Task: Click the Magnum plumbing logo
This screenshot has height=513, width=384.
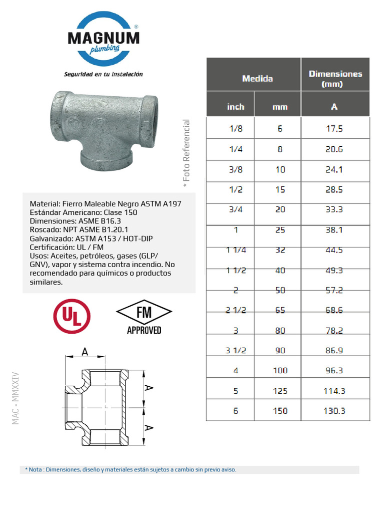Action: (x=103, y=40)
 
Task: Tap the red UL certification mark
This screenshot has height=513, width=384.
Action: (x=72, y=316)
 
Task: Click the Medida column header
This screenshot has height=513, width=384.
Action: (x=257, y=79)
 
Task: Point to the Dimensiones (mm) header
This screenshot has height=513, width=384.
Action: (x=335, y=79)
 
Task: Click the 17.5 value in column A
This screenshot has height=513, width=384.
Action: (x=334, y=128)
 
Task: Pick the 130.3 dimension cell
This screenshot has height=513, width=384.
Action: (x=334, y=411)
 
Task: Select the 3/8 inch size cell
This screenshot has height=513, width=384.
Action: (x=235, y=169)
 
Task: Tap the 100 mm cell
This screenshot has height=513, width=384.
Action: (x=280, y=371)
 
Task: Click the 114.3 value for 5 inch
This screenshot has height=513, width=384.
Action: (x=334, y=391)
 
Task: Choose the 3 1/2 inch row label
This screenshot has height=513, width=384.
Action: (x=235, y=350)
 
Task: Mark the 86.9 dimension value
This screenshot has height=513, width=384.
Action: (x=334, y=350)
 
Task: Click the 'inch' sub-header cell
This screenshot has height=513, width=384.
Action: (x=235, y=107)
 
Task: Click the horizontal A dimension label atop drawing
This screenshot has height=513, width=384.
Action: (x=85, y=352)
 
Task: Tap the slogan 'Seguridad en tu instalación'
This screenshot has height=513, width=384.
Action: (x=103, y=74)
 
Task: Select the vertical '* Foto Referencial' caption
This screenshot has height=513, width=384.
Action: (x=186, y=154)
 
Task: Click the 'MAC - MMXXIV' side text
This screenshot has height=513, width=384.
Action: (x=15, y=398)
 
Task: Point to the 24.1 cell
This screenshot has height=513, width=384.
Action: (x=334, y=169)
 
